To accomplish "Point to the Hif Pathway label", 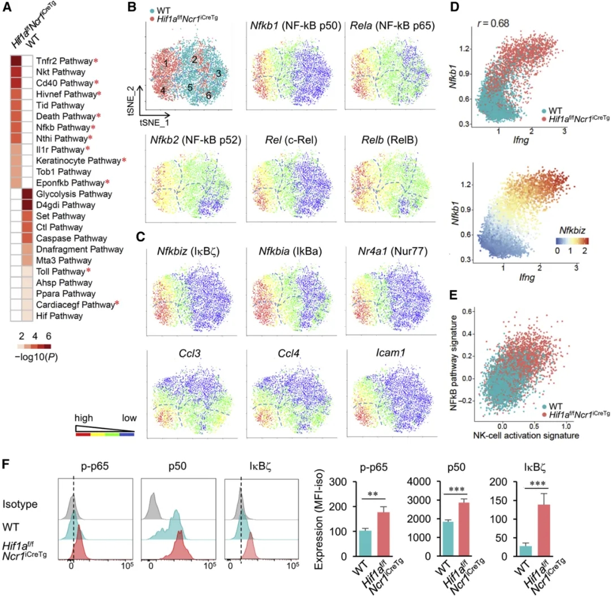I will click(x=60, y=316).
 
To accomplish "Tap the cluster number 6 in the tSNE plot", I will click(x=209, y=95).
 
